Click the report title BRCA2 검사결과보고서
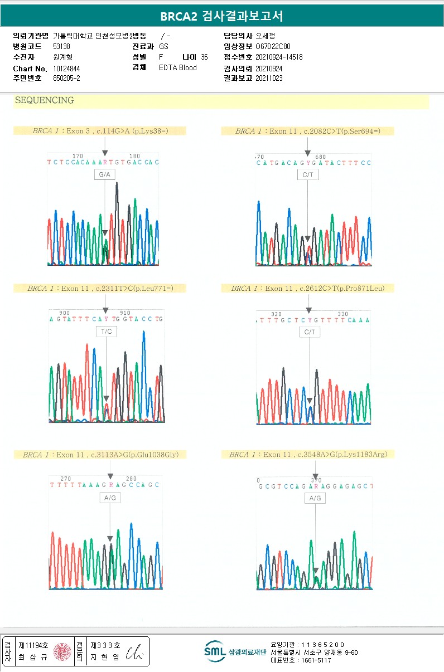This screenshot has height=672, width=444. pos(221,16)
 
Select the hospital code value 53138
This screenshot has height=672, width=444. pos(62,47)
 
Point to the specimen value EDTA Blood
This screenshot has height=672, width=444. pos(178,68)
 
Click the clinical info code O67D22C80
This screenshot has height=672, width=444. pos(273,47)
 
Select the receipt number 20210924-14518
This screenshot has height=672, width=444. pos(279,57)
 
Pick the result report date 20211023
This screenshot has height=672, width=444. pos(269,79)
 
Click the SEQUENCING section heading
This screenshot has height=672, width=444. pos(44,101)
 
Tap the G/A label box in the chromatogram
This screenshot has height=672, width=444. pos(104,175)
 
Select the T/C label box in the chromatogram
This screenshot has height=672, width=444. pos(106,332)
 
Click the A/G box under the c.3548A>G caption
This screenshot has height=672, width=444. pos(315,498)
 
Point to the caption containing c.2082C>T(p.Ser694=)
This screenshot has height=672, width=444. pos(307,132)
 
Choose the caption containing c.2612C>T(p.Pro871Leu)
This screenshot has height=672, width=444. pos(307,289)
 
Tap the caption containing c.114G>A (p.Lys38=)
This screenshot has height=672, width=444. pos(100,132)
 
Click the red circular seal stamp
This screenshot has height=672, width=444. pos(62,651)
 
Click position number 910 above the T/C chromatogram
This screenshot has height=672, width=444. pos(125,313)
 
